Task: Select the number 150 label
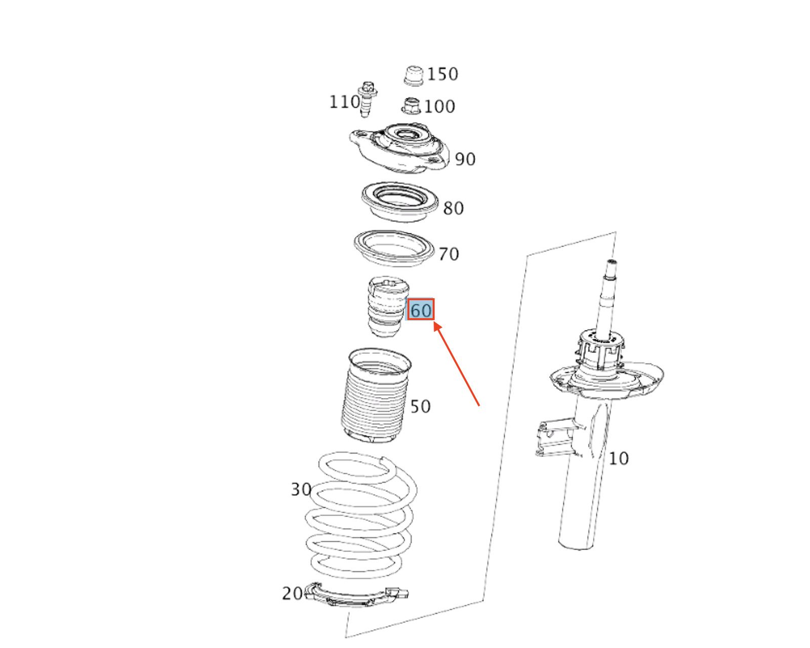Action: click(442, 74)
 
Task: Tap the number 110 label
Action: click(344, 102)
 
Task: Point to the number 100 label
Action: click(439, 106)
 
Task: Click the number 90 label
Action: click(465, 159)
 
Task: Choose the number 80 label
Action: click(453, 208)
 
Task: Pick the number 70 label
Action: click(449, 254)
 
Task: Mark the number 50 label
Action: click(420, 407)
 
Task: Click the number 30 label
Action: click(301, 490)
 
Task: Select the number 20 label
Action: click(292, 594)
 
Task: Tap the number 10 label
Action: click(619, 459)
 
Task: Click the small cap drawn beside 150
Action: click(414, 75)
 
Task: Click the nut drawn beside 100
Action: click(411, 106)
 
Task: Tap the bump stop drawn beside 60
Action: click(388, 307)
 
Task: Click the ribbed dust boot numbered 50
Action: click(376, 395)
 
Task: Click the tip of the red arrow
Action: click(434, 322)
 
